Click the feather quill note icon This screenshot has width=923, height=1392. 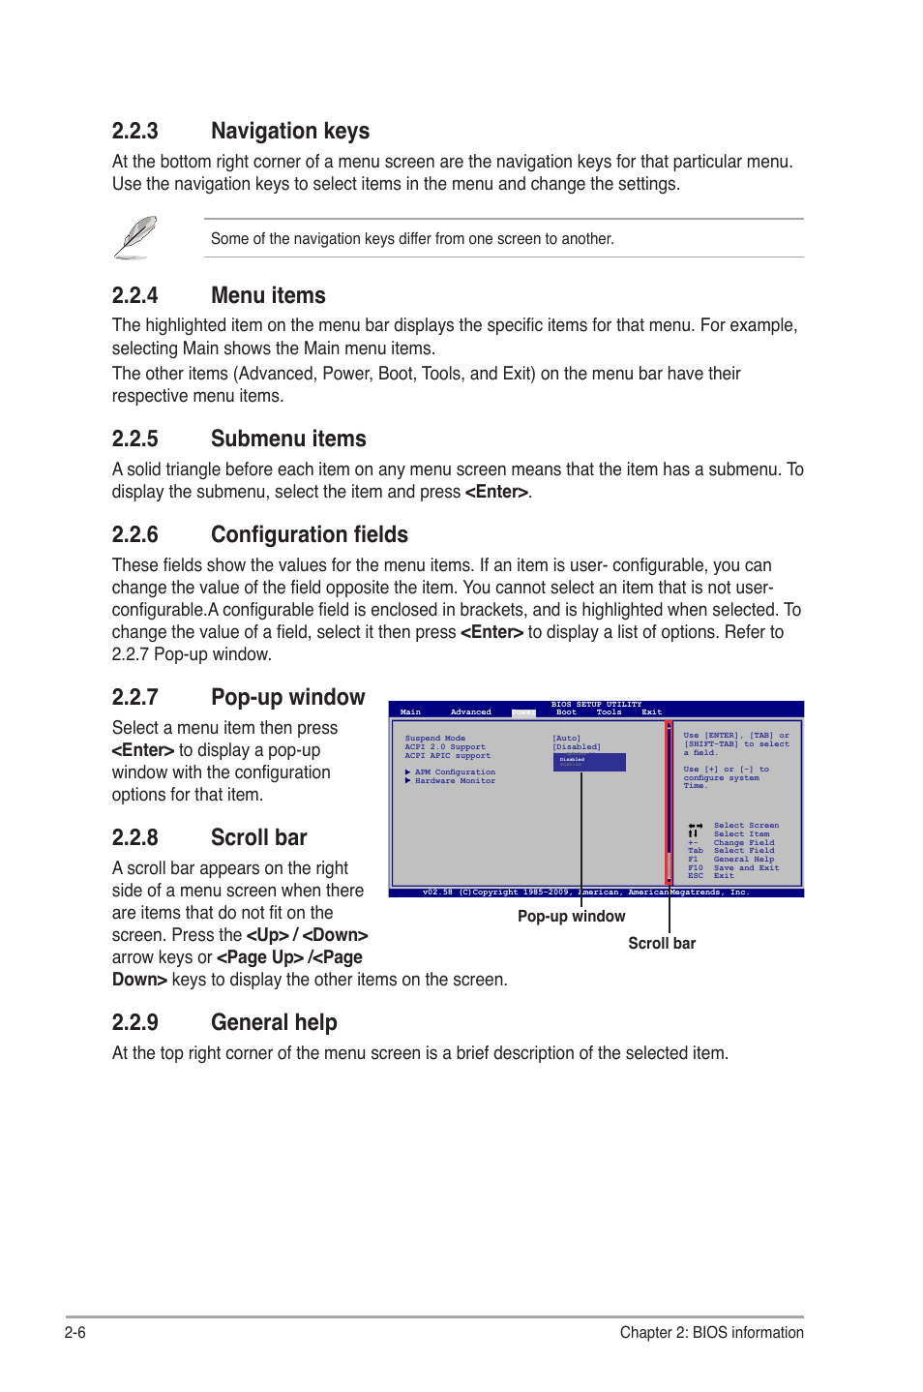135,238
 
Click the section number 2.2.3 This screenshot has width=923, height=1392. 134,132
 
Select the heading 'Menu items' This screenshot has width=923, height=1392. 268,296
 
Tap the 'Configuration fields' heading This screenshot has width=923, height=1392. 309,535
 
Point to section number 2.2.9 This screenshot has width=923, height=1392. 134,1023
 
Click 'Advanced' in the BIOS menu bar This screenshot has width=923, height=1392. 470,712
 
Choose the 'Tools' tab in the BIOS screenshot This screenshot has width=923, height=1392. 609,712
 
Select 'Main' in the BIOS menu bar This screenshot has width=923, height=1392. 410,712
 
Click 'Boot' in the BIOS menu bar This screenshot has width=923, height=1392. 566,712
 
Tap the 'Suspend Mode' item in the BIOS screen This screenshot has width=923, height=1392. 434,739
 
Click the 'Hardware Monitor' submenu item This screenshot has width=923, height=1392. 455,781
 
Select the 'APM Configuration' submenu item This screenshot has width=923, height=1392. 455,772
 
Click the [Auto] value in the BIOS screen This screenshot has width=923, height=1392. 567,739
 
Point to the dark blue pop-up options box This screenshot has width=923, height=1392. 589,763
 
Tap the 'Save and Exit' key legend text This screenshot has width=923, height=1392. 746,868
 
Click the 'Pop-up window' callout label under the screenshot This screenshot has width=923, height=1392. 571,917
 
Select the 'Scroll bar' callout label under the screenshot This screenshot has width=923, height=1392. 662,944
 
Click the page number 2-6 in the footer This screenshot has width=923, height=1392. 75,1333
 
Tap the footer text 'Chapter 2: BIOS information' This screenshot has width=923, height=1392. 711,1333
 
